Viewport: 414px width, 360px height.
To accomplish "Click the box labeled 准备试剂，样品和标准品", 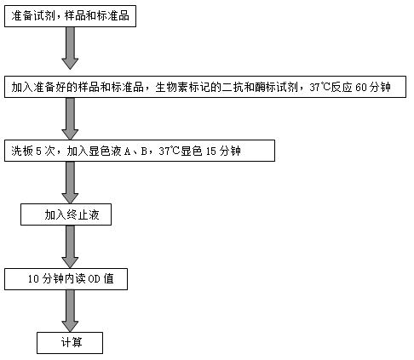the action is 70,16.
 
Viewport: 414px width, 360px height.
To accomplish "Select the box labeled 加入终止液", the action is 66,214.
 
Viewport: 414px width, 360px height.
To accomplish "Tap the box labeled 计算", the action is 70,343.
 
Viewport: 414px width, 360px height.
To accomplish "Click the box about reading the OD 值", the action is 66,279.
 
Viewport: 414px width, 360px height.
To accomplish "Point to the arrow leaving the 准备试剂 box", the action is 70,49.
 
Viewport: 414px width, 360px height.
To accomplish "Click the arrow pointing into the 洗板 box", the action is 70,118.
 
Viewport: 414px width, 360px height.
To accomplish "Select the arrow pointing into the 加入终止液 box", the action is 70,182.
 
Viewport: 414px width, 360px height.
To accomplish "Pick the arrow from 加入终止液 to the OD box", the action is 70,247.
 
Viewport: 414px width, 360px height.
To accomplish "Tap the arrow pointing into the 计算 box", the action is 70,311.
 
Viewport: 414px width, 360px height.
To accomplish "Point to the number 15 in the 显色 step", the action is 211,151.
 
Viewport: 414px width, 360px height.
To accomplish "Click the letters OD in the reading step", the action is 94,279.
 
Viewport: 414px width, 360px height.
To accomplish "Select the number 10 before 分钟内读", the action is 33,279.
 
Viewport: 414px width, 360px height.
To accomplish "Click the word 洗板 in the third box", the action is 22,151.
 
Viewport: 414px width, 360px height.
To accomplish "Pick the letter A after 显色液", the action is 128,151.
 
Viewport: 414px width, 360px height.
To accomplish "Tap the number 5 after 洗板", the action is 38,151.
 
